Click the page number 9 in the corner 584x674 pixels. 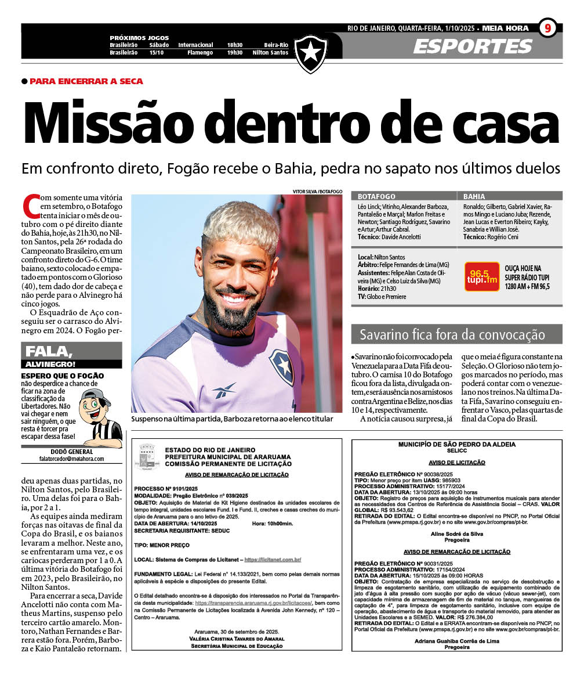pos(547,28)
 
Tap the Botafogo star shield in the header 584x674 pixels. pos(311,53)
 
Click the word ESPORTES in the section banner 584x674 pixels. pos(472,46)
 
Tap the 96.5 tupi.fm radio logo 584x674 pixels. pos(481,276)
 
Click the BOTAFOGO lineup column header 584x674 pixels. pos(377,197)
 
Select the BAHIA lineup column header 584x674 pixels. pos(474,197)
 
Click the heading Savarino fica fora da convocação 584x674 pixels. pos(452,335)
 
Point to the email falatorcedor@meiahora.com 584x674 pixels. pos(71,459)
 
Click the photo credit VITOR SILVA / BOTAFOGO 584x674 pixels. pos(318,192)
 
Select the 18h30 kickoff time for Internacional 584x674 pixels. pos(234,45)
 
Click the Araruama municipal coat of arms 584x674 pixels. pos(147,457)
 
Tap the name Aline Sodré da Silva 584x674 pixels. pos(458,533)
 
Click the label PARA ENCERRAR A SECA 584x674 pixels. pos(86,81)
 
